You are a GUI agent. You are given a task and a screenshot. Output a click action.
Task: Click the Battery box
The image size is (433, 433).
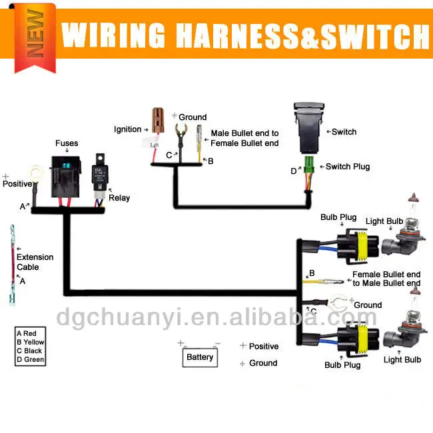tap(200, 358)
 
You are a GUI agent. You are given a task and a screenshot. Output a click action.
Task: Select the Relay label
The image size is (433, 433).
tap(120, 198)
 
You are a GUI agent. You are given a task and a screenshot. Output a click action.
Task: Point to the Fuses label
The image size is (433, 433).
tap(67, 143)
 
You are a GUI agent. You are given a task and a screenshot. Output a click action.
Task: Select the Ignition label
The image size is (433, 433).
tap(128, 129)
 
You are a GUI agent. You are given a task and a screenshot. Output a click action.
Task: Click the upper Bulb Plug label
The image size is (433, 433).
tap(339, 218)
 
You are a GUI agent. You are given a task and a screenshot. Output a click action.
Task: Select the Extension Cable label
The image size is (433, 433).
tap(35, 262)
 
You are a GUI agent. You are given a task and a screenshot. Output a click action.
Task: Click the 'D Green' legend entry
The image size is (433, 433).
tap(31, 360)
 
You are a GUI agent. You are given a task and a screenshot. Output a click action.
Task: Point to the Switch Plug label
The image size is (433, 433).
tap(347, 167)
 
